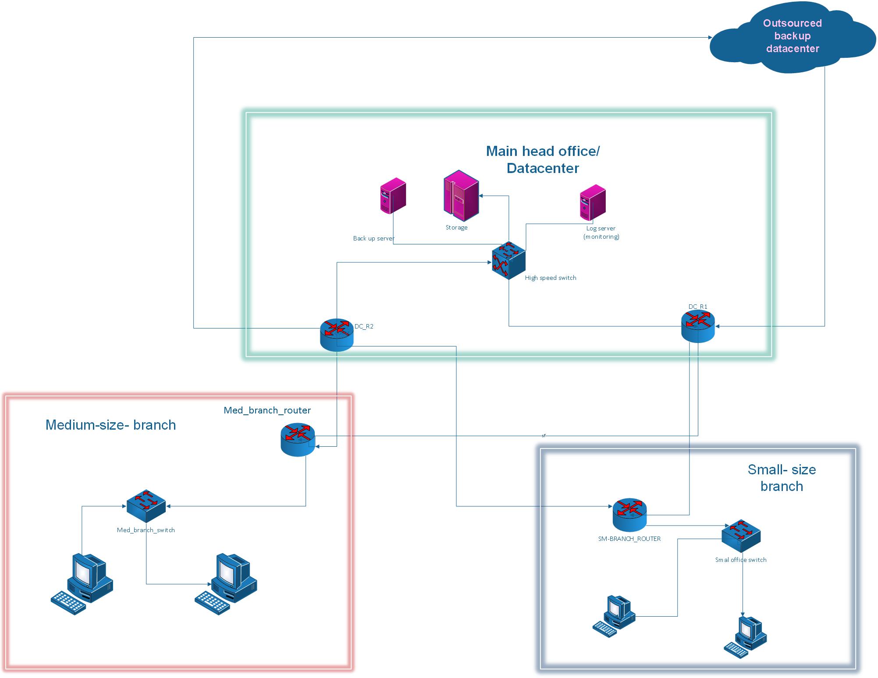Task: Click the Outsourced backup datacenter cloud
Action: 792,37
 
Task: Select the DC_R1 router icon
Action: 698,326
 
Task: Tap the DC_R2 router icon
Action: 337,335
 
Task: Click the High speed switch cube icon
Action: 508,260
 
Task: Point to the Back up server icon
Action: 393,195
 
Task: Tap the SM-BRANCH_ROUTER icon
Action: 629,515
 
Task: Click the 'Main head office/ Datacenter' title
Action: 543,159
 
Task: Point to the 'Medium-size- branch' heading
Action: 110,425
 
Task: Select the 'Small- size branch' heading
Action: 782,478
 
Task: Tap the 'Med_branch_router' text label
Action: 267,410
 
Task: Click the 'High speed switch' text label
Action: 551,278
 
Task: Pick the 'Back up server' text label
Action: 373,238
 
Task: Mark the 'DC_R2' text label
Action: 364,326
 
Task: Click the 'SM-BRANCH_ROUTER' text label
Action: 629,539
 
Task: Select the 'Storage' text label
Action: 456,227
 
